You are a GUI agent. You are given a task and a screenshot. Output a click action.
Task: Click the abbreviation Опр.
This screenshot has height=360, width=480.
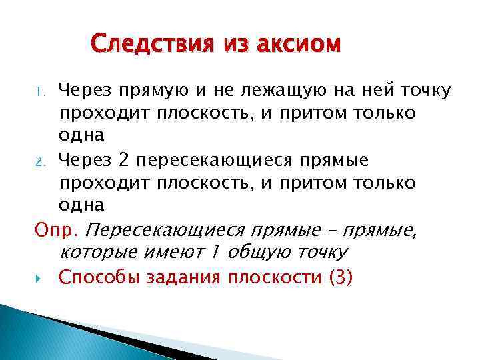pos(57,231)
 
